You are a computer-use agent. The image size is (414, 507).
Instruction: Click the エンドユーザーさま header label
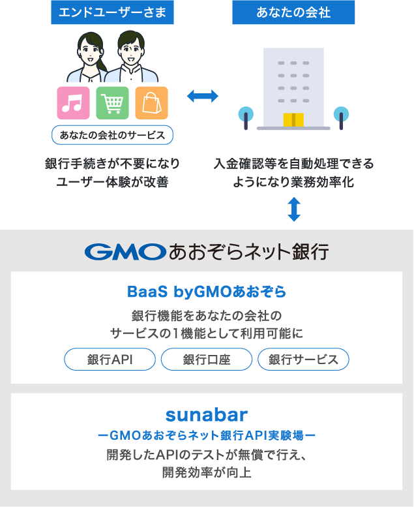click(x=112, y=12)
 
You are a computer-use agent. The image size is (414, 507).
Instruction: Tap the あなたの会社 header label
click(x=293, y=12)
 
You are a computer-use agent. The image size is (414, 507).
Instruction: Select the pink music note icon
click(x=73, y=102)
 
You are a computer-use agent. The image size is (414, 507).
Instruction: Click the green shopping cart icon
click(x=112, y=102)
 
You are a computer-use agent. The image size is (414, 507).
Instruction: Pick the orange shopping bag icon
click(x=151, y=102)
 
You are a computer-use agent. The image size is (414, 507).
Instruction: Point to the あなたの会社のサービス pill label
click(x=112, y=135)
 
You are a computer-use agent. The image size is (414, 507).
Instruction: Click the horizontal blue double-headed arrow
click(x=203, y=97)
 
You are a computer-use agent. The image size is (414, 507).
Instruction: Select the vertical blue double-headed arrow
click(x=294, y=209)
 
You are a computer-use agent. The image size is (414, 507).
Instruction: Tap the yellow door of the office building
click(x=293, y=119)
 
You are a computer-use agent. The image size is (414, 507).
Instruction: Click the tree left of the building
click(x=245, y=115)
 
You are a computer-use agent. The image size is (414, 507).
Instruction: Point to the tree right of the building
click(x=340, y=115)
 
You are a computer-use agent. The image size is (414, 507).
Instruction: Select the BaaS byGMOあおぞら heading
click(x=207, y=290)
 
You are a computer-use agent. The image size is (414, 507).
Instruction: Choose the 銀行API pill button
click(x=110, y=360)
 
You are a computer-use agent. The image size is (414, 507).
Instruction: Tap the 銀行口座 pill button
click(x=206, y=360)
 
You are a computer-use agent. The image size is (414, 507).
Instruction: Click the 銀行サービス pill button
click(x=303, y=360)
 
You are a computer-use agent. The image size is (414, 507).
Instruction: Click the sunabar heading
click(x=207, y=414)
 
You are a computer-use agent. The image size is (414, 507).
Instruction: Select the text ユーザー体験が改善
click(x=112, y=182)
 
